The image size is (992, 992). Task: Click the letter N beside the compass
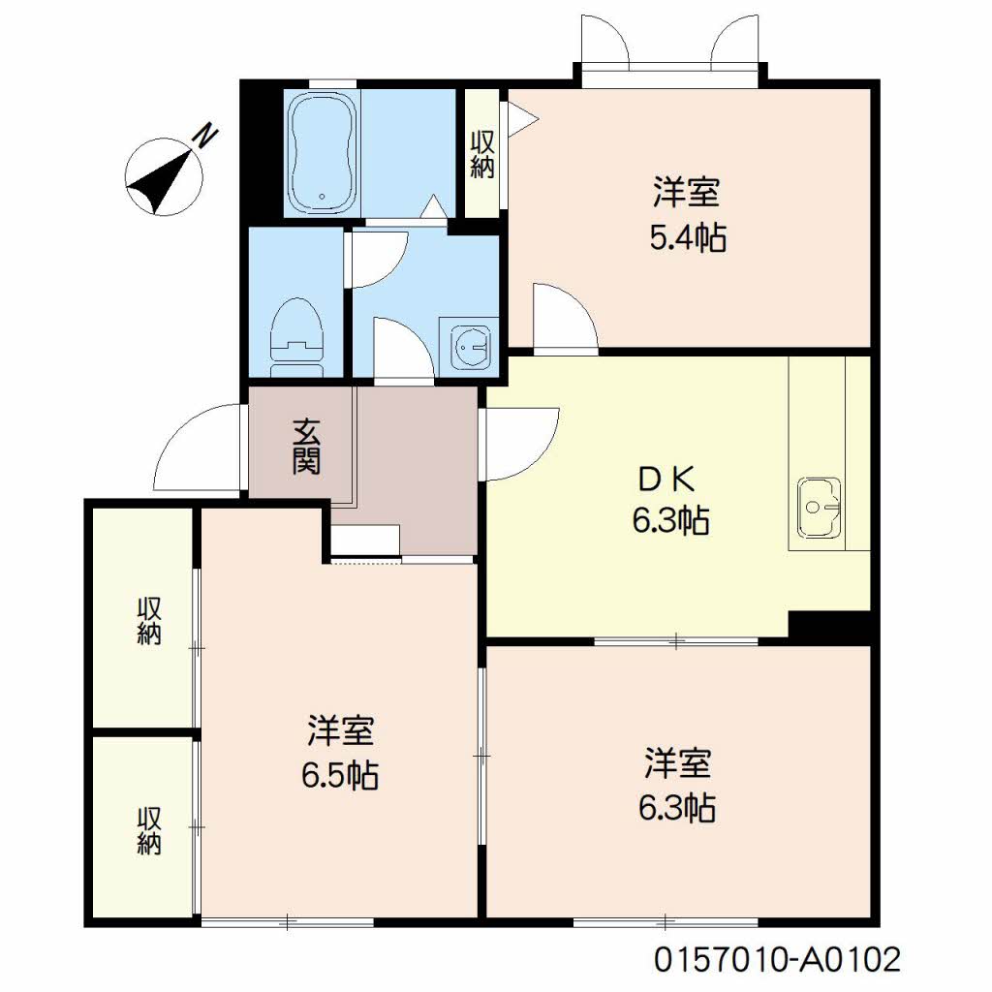204,138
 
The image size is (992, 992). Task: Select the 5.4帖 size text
687,236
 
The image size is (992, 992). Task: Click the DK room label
668,480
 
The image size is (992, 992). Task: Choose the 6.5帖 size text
339,774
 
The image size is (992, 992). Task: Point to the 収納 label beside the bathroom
481,154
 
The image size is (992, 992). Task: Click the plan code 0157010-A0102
778,960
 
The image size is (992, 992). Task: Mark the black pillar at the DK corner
832,625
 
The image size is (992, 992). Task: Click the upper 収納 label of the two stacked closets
148,621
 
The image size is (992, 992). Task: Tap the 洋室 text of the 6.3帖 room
679,764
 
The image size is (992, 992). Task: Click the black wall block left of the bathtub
260,150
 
